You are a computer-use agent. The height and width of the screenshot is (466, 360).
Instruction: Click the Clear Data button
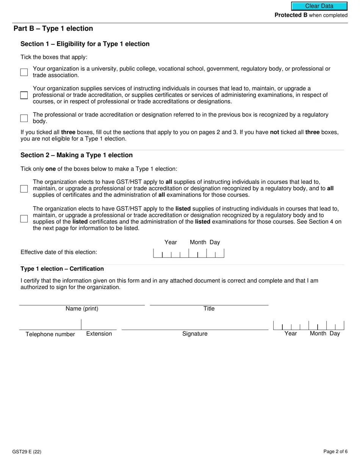[319, 6]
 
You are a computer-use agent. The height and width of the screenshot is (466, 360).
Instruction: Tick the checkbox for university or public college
[24, 72]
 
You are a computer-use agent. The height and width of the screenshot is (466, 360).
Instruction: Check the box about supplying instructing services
[24, 95]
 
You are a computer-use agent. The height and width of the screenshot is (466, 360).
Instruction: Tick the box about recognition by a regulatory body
[24, 118]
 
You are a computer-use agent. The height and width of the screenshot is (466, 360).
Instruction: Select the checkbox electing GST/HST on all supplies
[24, 189]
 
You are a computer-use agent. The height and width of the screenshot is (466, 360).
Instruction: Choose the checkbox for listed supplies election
[24, 219]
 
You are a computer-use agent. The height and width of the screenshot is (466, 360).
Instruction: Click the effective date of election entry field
[188, 253]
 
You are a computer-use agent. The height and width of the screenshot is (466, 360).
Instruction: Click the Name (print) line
[82, 301]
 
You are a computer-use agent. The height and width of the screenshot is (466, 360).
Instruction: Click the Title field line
[209, 301]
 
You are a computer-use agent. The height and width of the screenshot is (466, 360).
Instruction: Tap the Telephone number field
[50, 325]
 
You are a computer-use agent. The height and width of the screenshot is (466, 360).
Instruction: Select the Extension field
[99, 325]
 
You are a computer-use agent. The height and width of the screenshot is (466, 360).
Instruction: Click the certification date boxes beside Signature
[308, 325]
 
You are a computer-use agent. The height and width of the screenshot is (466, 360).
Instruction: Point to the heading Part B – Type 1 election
[53, 29]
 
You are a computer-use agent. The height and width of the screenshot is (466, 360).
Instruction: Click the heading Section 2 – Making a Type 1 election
[77, 155]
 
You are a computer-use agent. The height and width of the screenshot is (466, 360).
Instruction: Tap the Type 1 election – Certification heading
[62, 269]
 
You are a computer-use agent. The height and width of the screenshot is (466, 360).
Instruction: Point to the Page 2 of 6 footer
[335, 451]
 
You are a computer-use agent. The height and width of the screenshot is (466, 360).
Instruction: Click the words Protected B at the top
[291, 15]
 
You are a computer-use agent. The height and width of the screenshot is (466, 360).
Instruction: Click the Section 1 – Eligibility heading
[85, 44]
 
